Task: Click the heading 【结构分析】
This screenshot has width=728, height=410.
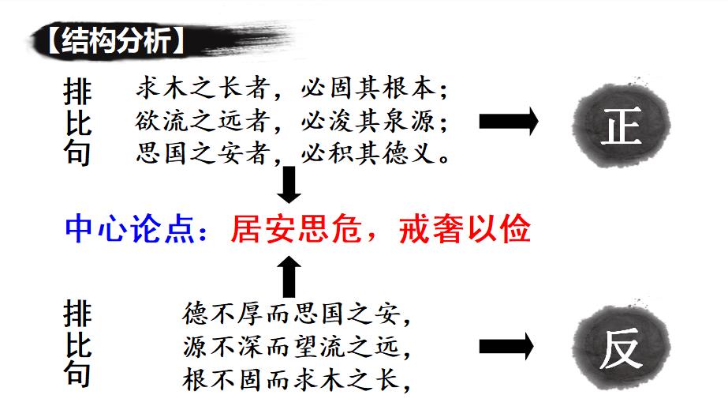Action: [116, 40]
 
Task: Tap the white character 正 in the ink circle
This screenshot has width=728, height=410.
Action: [621, 126]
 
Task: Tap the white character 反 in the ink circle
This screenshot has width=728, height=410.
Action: [621, 348]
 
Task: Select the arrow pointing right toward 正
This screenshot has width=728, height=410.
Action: [509, 122]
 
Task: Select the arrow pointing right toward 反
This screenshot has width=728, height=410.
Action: [506, 346]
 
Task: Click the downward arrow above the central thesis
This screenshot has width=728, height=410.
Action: [289, 184]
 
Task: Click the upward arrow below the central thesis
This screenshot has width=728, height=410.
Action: [289, 276]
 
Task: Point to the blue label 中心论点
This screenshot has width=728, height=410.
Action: [129, 229]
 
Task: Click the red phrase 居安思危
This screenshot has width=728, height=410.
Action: [296, 229]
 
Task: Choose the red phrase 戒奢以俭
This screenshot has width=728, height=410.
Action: [465, 229]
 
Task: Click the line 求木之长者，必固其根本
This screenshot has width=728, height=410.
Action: [291, 88]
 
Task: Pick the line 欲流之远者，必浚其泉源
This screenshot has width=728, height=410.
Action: [291, 121]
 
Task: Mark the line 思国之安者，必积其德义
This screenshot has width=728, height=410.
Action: [293, 153]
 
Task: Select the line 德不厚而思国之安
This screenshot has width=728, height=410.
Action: [297, 313]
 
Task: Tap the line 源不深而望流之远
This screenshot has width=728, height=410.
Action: [297, 346]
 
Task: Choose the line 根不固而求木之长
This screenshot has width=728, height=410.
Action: [297, 379]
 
